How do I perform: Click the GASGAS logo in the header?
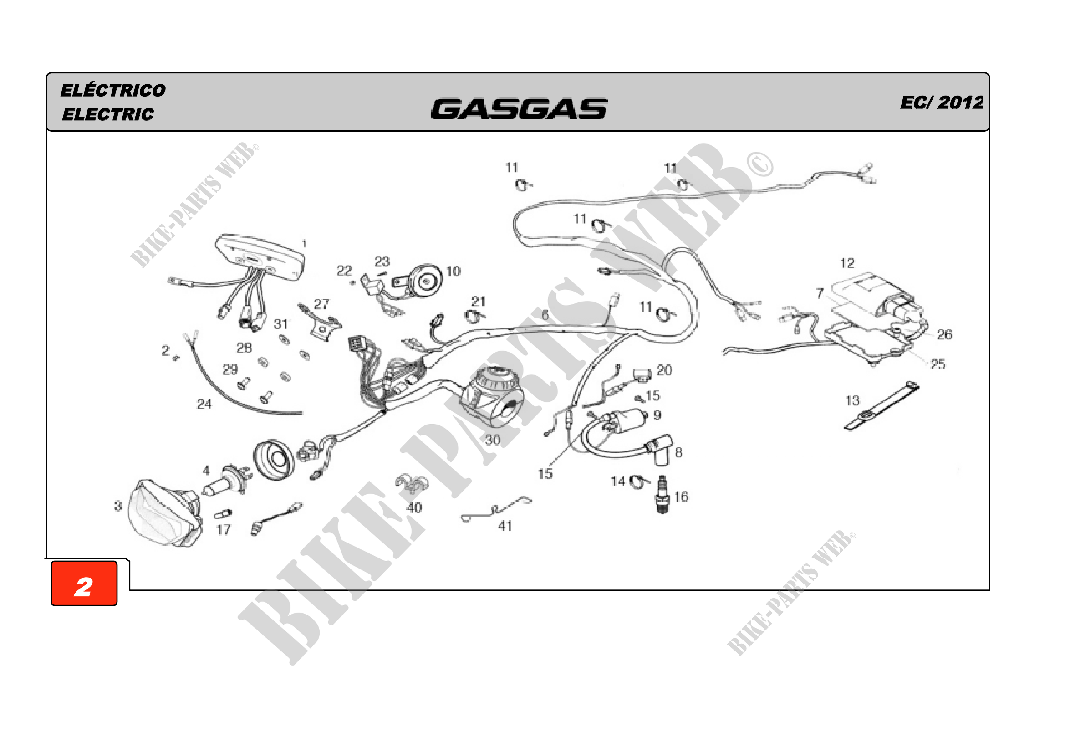pos(519,109)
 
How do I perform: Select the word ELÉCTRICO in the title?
pos(113,91)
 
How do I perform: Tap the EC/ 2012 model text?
pos(941,102)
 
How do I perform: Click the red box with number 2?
pos(84,584)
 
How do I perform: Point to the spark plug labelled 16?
pos(663,494)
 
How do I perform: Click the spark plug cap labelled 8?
pos(659,449)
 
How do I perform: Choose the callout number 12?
pos(847,263)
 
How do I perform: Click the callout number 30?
pos(492,440)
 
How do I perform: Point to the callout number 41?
pos(505,526)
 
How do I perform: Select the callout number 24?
pos(204,404)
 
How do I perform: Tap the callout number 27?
pos(321,304)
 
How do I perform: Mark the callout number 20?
pos(664,370)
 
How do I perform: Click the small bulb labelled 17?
pos(223,514)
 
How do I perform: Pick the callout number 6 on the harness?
pos(545,315)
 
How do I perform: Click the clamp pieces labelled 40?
pos(412,484)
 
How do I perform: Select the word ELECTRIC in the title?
pos(107,114)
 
